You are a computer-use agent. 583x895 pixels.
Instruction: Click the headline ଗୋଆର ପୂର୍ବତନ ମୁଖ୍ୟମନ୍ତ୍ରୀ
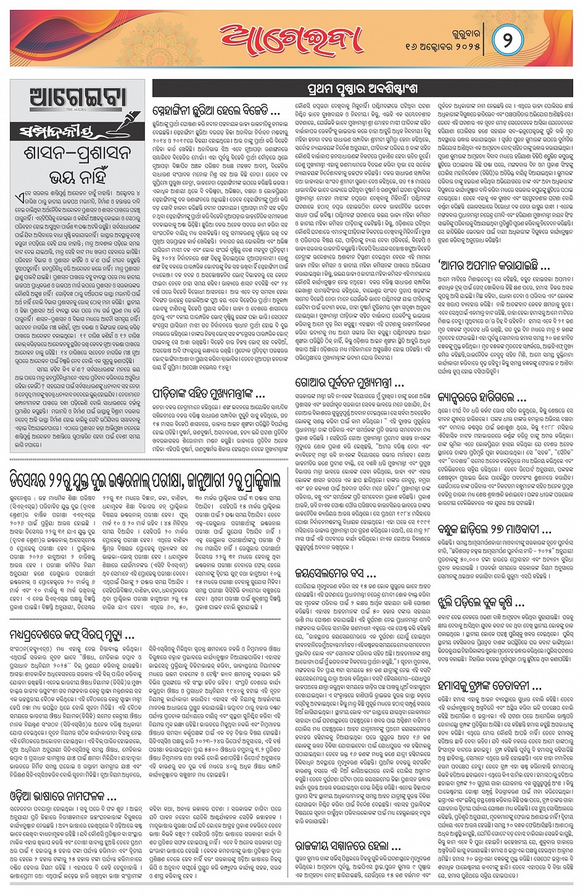(x=349, y=383)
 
